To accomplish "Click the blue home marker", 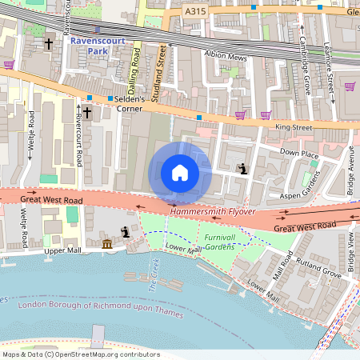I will pyautogui.click(x=180, y=173).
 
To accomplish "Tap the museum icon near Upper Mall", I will pyautogui.click(x=107, y=243).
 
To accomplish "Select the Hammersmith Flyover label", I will pyautogui.click(x=213, y=212).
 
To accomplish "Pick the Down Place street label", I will pyautogui.click(x=300, y=152).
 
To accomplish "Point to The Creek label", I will pyautogui.click(x=154, y=275).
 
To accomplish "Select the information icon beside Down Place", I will pyautogui.click(x=242, y=169).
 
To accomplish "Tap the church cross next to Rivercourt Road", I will pyautogui.click(x=86, y=113).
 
